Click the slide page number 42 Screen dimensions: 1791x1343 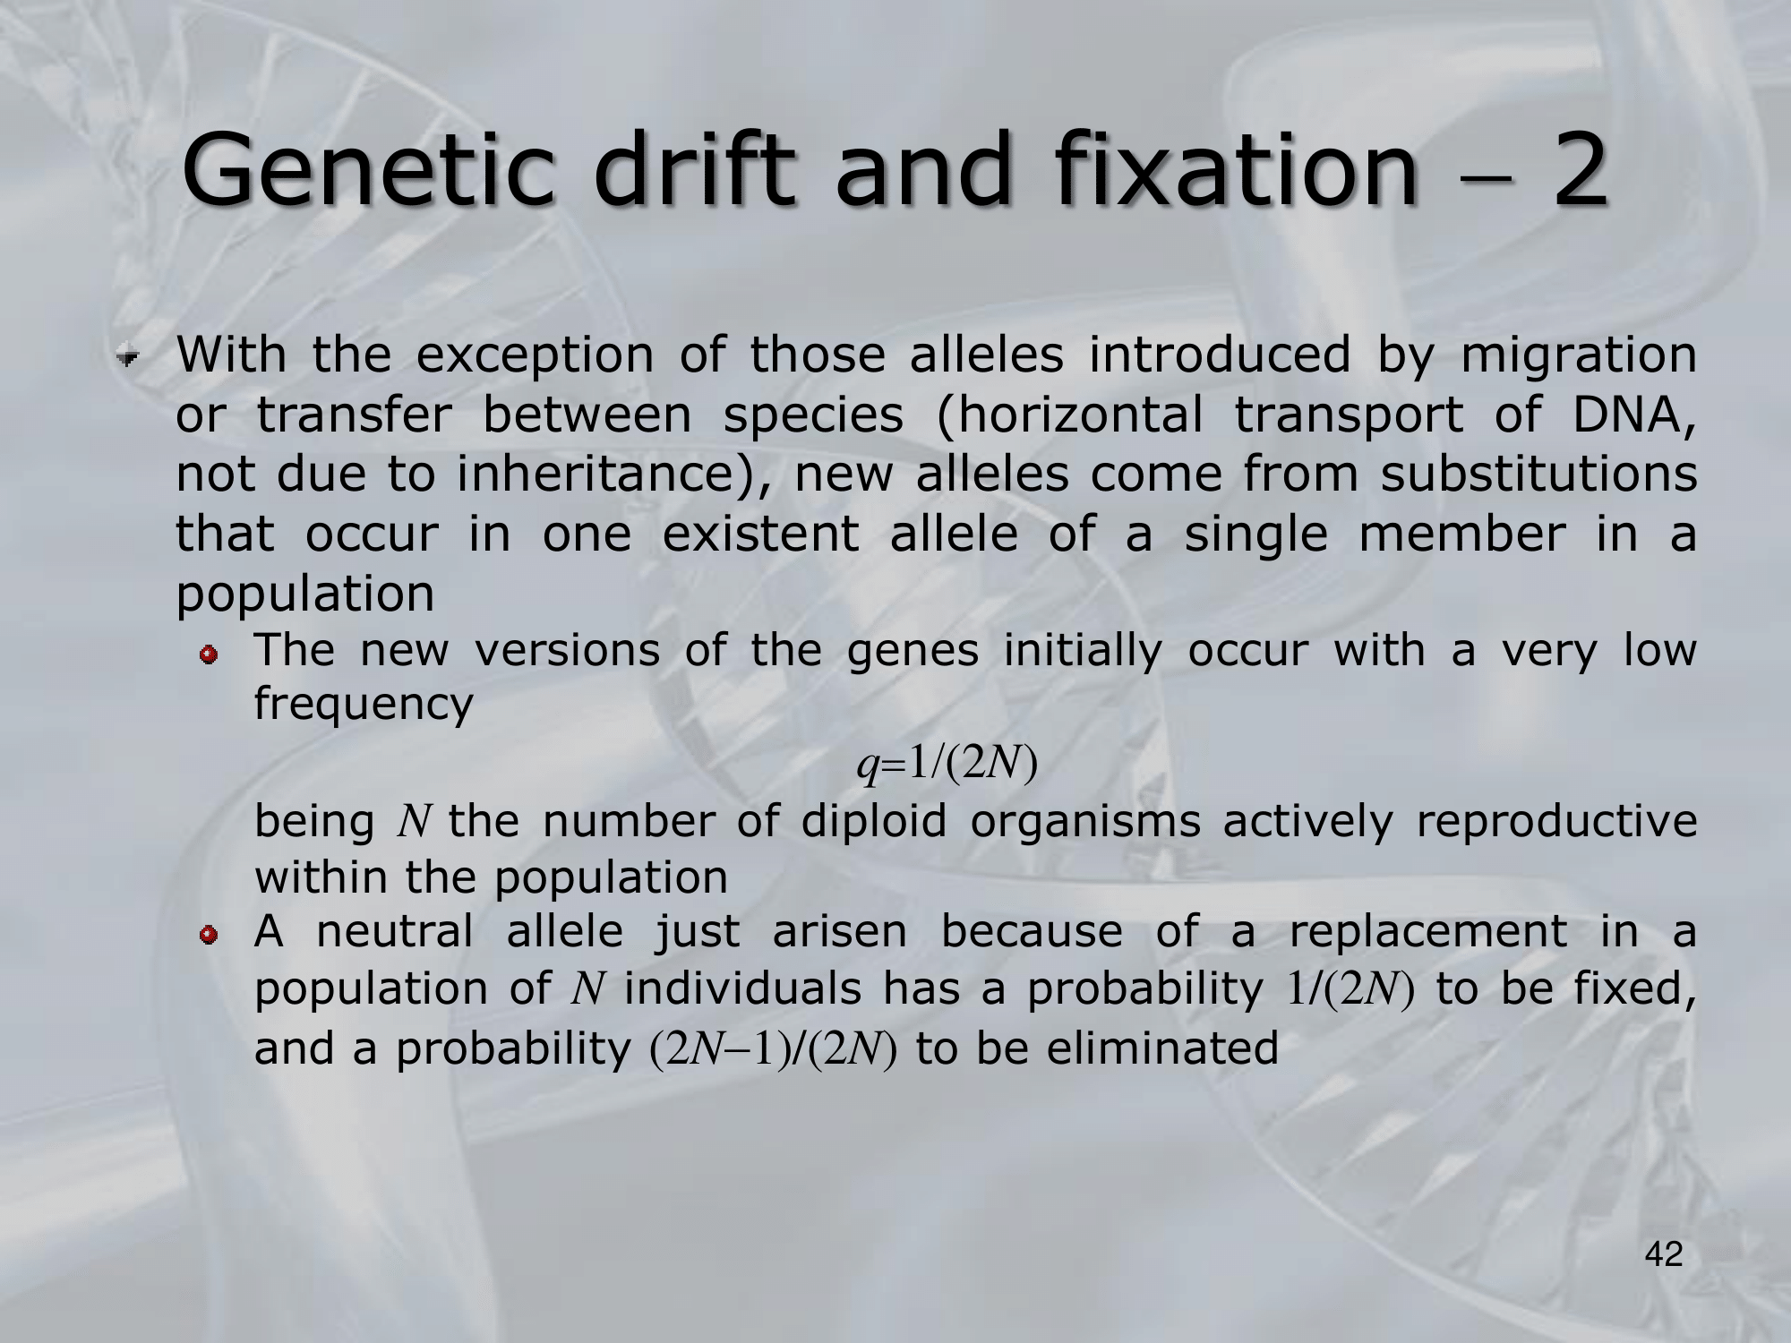(x=1664, y=1255)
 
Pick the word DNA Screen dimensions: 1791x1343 (x=1633, y=415)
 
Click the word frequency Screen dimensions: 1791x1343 (x=364, y=706)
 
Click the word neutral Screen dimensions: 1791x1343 (x=395, y=931)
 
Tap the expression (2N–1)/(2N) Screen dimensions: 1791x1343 (x=772, y=1049)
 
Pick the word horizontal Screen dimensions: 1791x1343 (x=1068, y=415)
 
